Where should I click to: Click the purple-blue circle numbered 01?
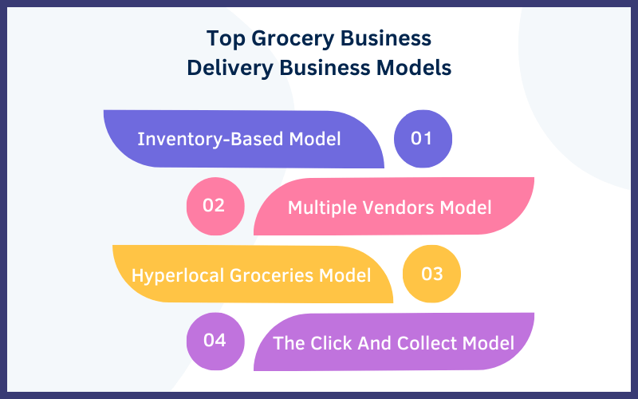423,139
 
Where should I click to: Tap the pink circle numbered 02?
215,206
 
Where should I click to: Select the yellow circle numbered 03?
431,274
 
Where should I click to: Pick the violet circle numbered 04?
215,342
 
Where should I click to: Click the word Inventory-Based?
211,139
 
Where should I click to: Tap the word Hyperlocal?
177,276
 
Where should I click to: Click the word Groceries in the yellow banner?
271,275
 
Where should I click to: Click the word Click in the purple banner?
332,343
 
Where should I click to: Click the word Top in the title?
226,39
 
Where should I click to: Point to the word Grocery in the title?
293,39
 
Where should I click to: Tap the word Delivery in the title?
230,69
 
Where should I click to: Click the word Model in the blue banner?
315,139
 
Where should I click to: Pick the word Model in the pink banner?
466,207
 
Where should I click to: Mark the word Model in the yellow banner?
345,275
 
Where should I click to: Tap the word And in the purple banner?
374,343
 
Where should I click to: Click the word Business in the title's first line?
386,38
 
